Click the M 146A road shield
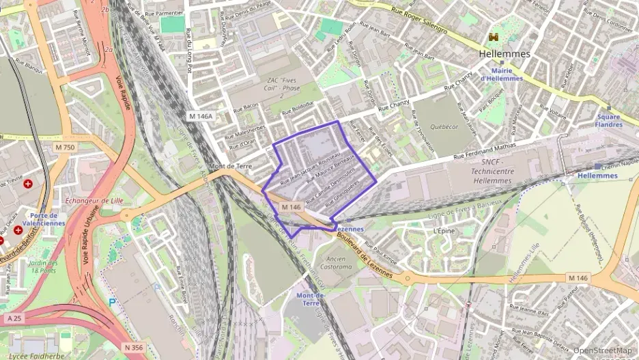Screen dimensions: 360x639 click(x=201, y=116)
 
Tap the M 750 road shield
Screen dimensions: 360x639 click(x=65, y=148)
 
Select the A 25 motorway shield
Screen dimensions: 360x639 click(x=14, y=318)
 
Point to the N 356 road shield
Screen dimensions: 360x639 click(x=135, y=348)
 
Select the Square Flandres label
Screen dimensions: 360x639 click(x=608, y=120)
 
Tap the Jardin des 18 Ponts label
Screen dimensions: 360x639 click(x=43, y=266)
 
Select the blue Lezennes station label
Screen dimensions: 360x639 click(x=349, y=229)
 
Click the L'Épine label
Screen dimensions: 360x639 click(x=444, y=231)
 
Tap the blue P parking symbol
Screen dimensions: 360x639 click(x=113, y=301)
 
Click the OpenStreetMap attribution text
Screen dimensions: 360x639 click(x=602, y=350)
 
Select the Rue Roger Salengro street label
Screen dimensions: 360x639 click(x=419, y=20)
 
